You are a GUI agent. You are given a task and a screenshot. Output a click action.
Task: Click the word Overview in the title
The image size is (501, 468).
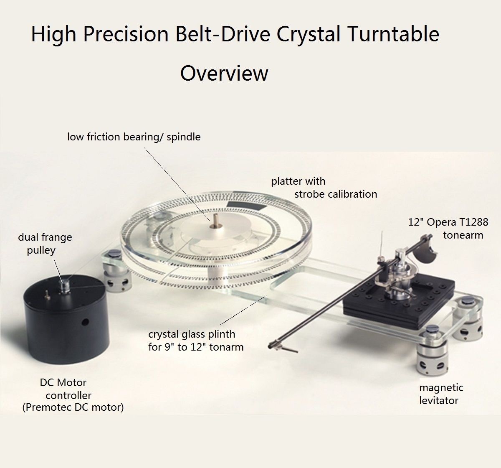coord(224,73)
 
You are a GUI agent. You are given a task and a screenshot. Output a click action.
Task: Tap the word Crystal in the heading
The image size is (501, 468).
coord(309,35)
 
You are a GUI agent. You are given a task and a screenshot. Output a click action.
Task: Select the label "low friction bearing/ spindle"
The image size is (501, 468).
coord(134,137)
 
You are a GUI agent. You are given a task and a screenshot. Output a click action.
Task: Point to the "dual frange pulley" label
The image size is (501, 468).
coord(45,244)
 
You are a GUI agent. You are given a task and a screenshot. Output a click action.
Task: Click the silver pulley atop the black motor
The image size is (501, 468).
coord(64,285)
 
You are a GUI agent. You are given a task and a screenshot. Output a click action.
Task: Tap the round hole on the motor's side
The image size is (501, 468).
coord(85,322)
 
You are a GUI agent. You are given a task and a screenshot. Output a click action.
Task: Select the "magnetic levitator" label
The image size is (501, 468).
coord(441,394)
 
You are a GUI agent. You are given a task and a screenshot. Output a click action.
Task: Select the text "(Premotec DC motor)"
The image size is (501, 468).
coord(73,407)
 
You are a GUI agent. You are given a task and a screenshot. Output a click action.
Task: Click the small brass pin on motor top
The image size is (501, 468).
coord(47,293)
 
